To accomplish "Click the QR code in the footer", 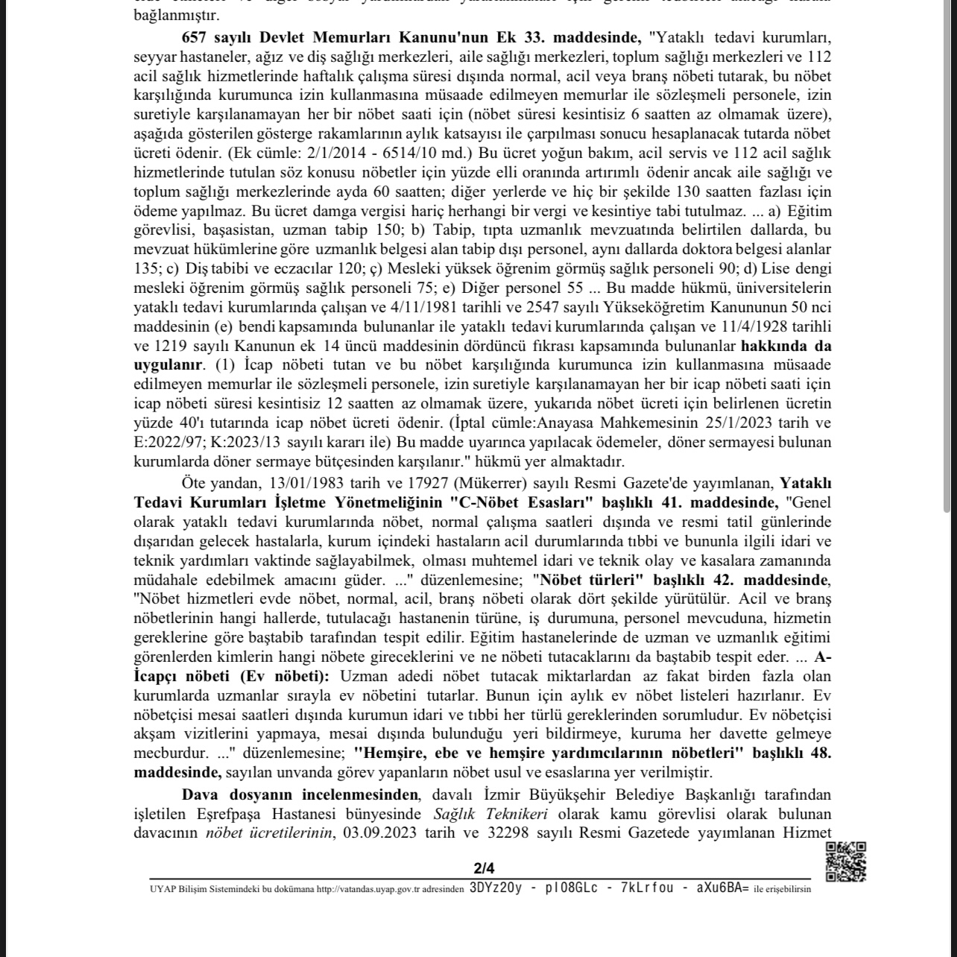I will (845, 862).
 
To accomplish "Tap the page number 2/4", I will (484, 868).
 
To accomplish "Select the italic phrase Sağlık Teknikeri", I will (491, 814).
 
